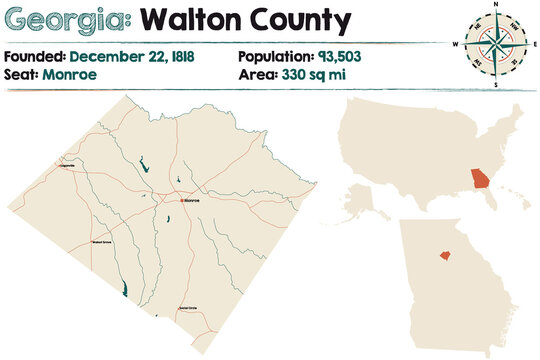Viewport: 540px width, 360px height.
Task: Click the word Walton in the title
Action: pyautogui.click(x=190, y=19)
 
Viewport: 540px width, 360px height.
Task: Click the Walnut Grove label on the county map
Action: pyautogui.click(x=102, y=241)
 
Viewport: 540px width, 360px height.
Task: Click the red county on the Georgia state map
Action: pyautogui.click(x=440, y=254)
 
